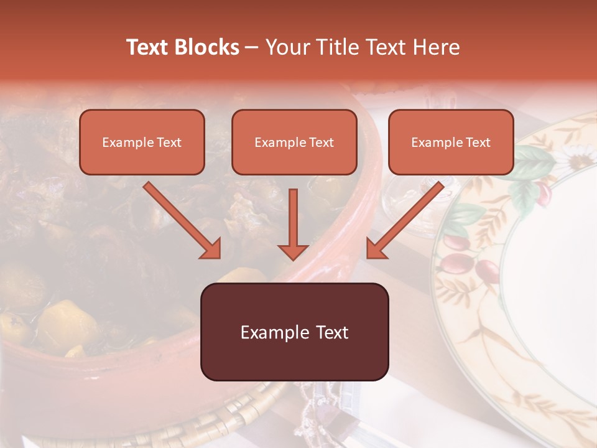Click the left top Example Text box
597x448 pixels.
[x=142, y=142]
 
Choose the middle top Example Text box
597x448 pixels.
[x=294, y=142]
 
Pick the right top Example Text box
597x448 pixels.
[x=451, y=142]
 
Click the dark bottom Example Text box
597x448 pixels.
[x=294, y=332]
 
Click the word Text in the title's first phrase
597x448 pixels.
[x=149, y=47]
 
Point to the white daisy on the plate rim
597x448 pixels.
[x=575, y=159]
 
